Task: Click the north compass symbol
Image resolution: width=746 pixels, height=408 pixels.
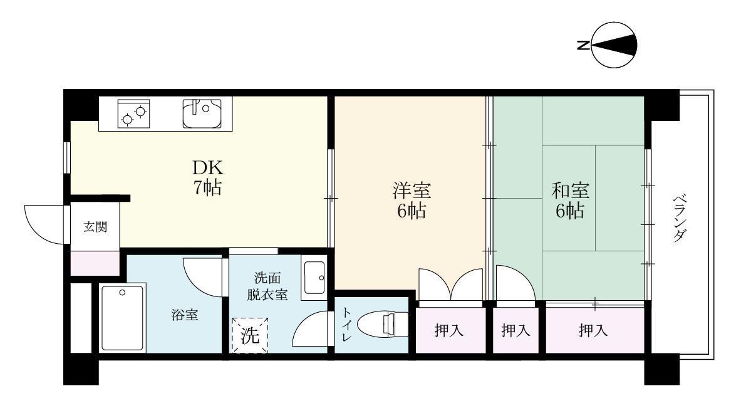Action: click(x=614, y=45)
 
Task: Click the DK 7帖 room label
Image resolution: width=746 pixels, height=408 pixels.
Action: click(x=207, y=178)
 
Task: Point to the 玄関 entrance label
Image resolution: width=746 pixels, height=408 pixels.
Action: click(x=95, y=227)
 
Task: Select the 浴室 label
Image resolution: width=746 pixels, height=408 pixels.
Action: click(x=185, y=315)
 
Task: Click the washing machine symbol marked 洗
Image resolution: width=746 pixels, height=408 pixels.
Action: click(x=250, y=336)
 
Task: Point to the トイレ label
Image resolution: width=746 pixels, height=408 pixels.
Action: click(x=346, y=325)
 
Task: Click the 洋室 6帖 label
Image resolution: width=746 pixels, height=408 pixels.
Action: click(x=411, y=200)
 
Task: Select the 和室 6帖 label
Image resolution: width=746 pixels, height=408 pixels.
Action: click(x=569, y=200)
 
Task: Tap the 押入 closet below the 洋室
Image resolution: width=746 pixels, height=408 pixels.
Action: click(x=450, y=330)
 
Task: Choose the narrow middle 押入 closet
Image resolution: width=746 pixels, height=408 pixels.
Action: click(x=515, y=330)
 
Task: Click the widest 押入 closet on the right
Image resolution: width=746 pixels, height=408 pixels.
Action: click(x=593, y=330)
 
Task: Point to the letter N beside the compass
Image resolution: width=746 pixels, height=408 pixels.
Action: click(x=583, y=45)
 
